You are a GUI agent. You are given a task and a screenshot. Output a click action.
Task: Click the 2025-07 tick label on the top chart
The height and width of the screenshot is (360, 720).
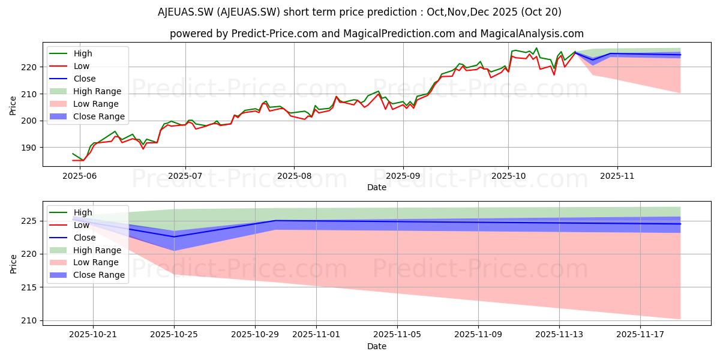185,176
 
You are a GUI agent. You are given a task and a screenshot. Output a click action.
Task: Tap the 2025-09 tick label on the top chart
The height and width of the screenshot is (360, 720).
403,176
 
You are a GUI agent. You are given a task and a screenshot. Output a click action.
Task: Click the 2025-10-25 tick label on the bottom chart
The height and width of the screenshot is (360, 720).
174,335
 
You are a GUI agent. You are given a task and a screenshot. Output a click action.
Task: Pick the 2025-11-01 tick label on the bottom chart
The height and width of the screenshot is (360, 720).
316,335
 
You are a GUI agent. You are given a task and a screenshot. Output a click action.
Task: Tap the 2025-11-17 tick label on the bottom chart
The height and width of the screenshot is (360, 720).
640,335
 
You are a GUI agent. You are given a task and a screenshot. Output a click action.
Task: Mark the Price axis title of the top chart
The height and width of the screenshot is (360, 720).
13,106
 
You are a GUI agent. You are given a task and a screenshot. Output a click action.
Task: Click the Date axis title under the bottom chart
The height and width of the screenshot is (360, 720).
377,346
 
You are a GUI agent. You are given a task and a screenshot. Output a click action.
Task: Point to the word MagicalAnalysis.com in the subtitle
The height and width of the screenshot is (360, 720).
532,34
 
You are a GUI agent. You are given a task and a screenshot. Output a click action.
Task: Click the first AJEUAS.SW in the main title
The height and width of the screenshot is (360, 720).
185,12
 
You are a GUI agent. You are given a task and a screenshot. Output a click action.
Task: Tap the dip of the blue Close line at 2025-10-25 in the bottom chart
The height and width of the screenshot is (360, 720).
174,237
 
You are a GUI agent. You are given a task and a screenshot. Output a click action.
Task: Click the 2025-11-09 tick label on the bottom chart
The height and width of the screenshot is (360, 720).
478,335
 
